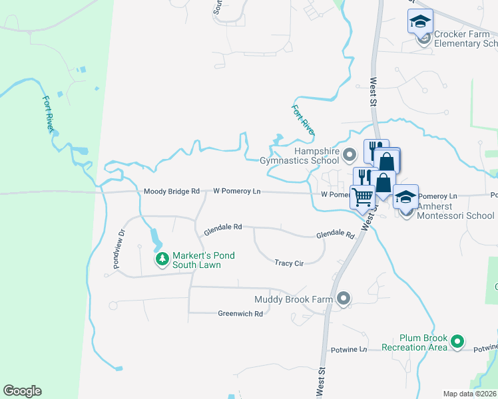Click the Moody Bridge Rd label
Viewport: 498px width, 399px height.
172,192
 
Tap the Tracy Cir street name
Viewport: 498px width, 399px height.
289,263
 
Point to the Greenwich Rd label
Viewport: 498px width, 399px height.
240,313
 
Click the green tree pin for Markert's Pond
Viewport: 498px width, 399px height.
162,259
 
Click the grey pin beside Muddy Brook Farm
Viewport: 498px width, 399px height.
344,299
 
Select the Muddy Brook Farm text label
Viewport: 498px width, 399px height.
293,300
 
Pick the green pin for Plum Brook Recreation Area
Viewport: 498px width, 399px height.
457,342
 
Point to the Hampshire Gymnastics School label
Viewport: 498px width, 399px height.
300,156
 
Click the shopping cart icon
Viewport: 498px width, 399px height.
362,196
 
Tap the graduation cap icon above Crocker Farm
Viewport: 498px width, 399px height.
420,21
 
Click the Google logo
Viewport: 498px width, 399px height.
22,391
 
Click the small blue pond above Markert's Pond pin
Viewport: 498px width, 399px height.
155,236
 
